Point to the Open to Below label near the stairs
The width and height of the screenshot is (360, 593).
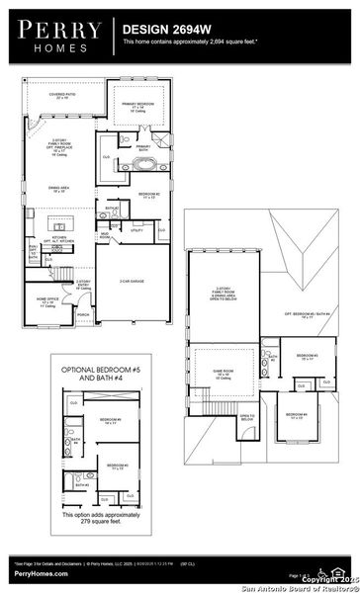[247, 418]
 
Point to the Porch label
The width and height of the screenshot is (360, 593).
[83, 315]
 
